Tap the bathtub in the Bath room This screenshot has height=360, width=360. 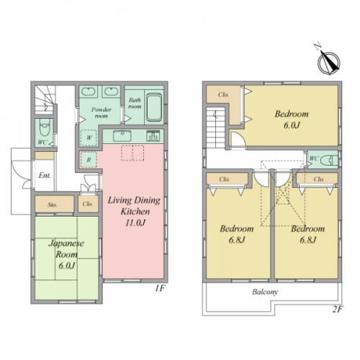coord(154,107)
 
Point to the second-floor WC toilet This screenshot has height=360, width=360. coord(329,160)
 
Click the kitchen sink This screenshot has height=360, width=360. coord(122,136)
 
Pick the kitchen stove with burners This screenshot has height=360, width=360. coord(153,136)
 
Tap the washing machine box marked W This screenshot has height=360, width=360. coord(88,138)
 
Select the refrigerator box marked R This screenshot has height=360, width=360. coord(89,160)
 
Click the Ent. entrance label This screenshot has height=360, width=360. coord(45,176)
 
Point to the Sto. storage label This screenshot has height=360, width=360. coord(53,204)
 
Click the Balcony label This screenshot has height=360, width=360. coord(265,292)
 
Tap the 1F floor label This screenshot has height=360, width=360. coord(160,288)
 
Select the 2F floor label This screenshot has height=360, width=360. coord(337,309)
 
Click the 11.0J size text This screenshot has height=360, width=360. coord(135,223)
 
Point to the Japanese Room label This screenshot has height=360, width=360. coord(66,249)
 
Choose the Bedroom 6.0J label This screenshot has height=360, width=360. coord(292,120)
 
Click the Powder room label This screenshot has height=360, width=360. coord(102,112)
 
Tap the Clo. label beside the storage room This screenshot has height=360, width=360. coord(88,204)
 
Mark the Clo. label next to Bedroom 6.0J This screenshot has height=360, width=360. coord(223,94)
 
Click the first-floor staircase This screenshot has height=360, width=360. coord(45,100)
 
